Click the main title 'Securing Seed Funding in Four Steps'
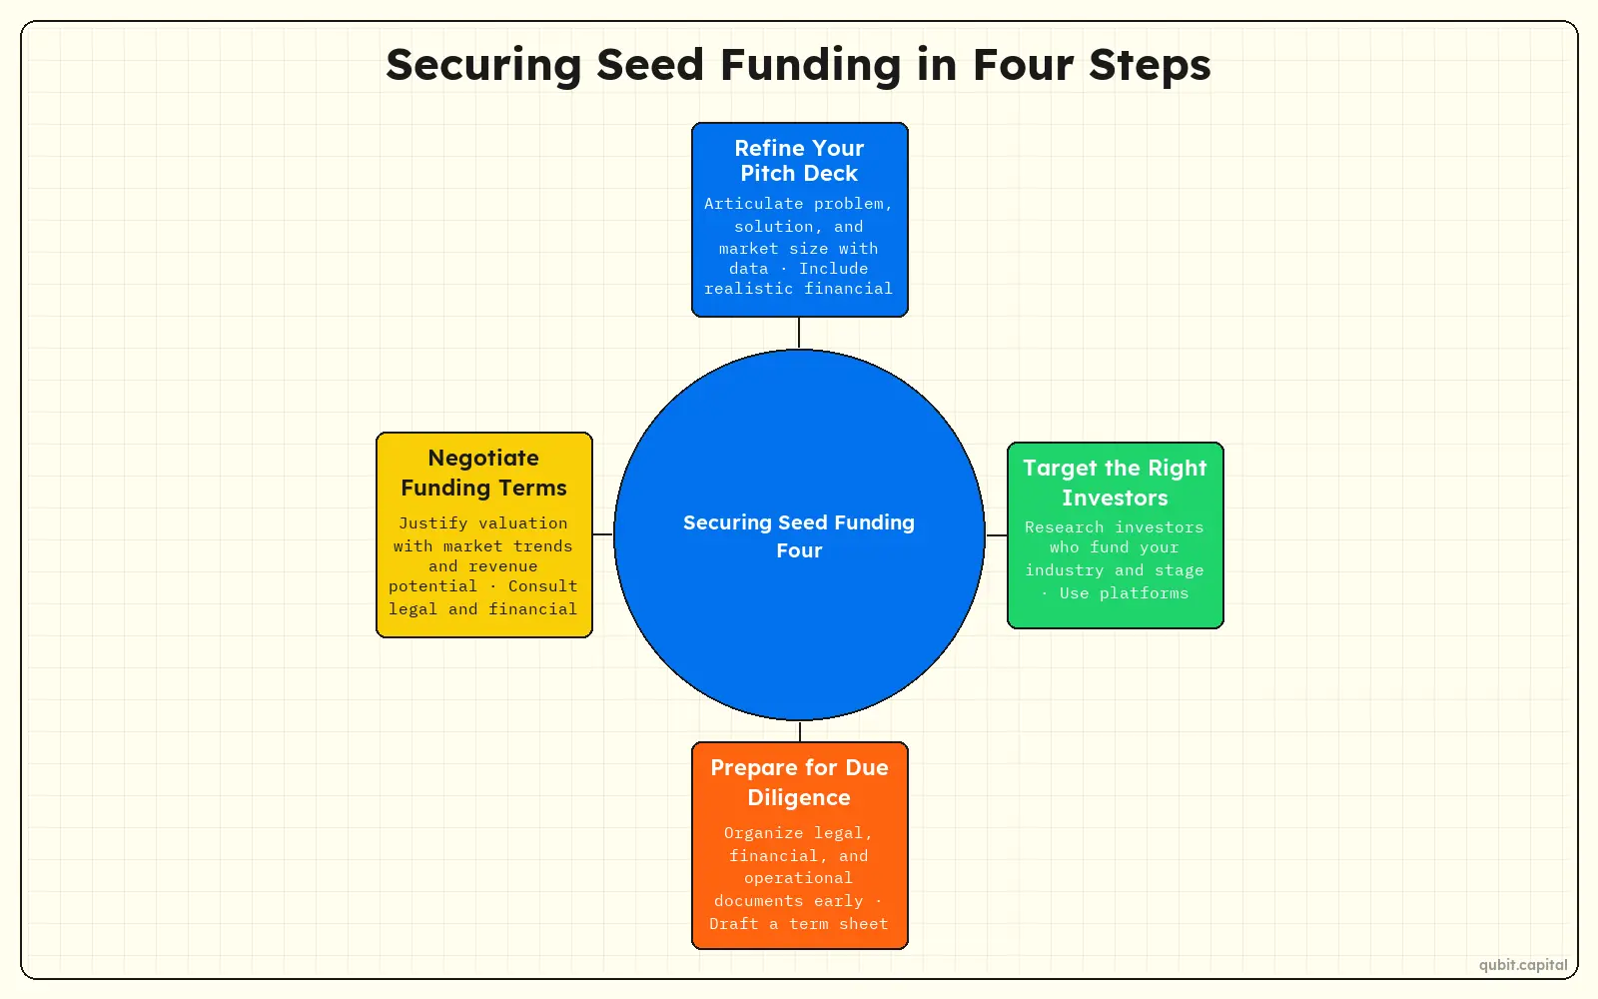point(798,65)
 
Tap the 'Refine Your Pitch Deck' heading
point(799,161)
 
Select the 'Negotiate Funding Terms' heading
point(483,473)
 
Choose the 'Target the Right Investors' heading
point(1115,483)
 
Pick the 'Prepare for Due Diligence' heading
point(799,782)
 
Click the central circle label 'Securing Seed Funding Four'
point(799,535)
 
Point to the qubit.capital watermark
point(1523,965)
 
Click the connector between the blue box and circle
point(799,333)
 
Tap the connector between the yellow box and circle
point(603,533)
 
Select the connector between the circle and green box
point(997,534)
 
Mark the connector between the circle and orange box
point(800,731)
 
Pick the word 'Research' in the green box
point(1064,527)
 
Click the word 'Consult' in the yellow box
point(543,586)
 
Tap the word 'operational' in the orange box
point(798,878)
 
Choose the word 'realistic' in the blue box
point(748,289)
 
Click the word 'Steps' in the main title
point(1150,66)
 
